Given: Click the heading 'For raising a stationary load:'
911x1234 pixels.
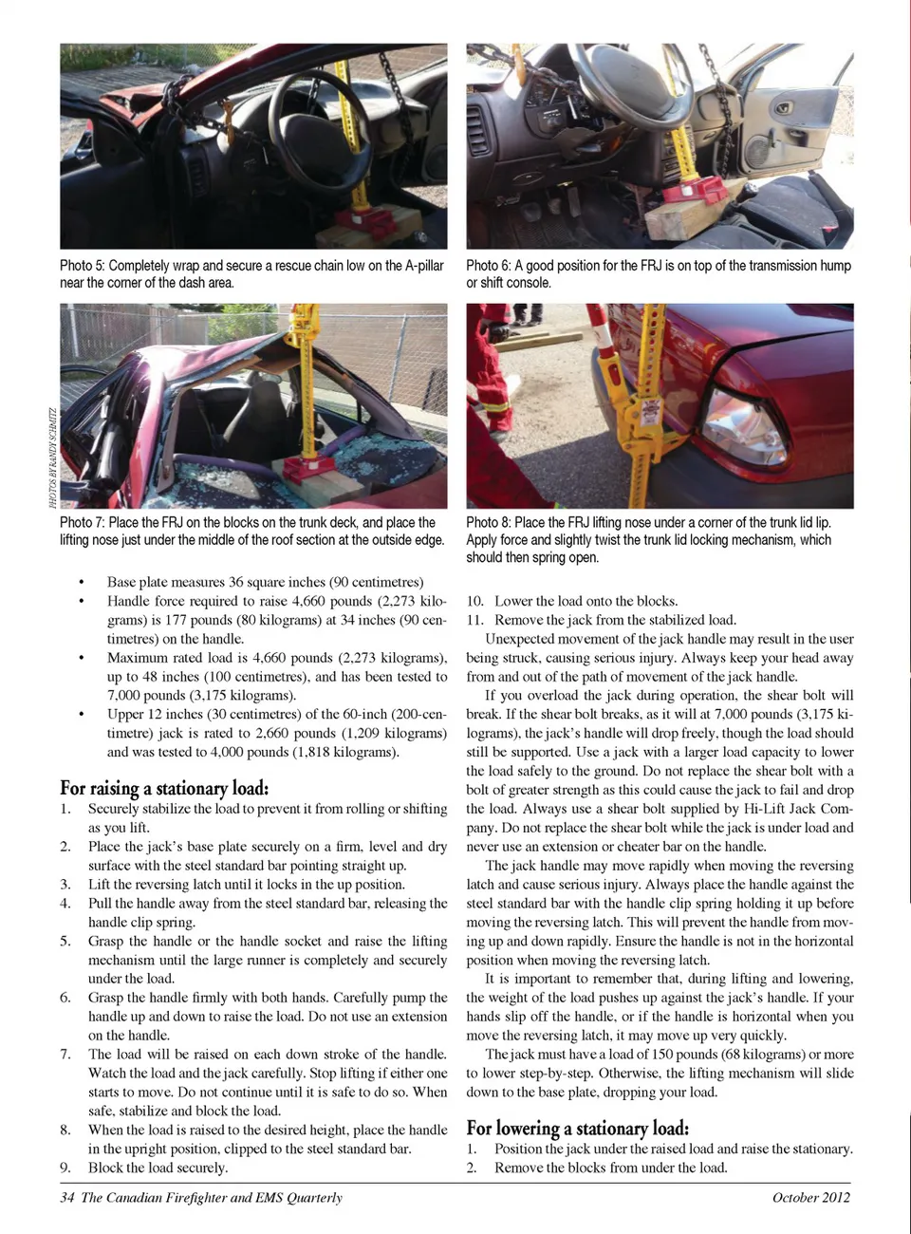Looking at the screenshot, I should (164, 788).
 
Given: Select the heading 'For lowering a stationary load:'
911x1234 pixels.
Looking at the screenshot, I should (577, 1128).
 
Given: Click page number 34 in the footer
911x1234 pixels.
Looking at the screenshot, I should (66, 1197).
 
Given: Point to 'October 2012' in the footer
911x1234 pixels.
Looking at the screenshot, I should (810, 1197).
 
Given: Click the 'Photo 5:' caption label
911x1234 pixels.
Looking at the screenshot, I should (83, 266).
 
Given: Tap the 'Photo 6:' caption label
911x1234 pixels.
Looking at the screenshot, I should (489, 266).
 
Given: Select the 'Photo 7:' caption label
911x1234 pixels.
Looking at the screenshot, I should (83, 522).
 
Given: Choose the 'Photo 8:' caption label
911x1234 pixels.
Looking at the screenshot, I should (489, 522).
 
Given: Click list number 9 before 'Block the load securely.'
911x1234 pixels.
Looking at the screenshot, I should (65, 1168).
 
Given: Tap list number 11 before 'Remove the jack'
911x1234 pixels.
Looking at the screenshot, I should (474, 620).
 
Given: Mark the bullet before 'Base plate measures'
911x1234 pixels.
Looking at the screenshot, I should (83, 583).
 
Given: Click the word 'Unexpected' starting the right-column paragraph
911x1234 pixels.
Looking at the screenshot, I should (520, 639).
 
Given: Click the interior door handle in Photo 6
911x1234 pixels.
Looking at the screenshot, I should (784, 108).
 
